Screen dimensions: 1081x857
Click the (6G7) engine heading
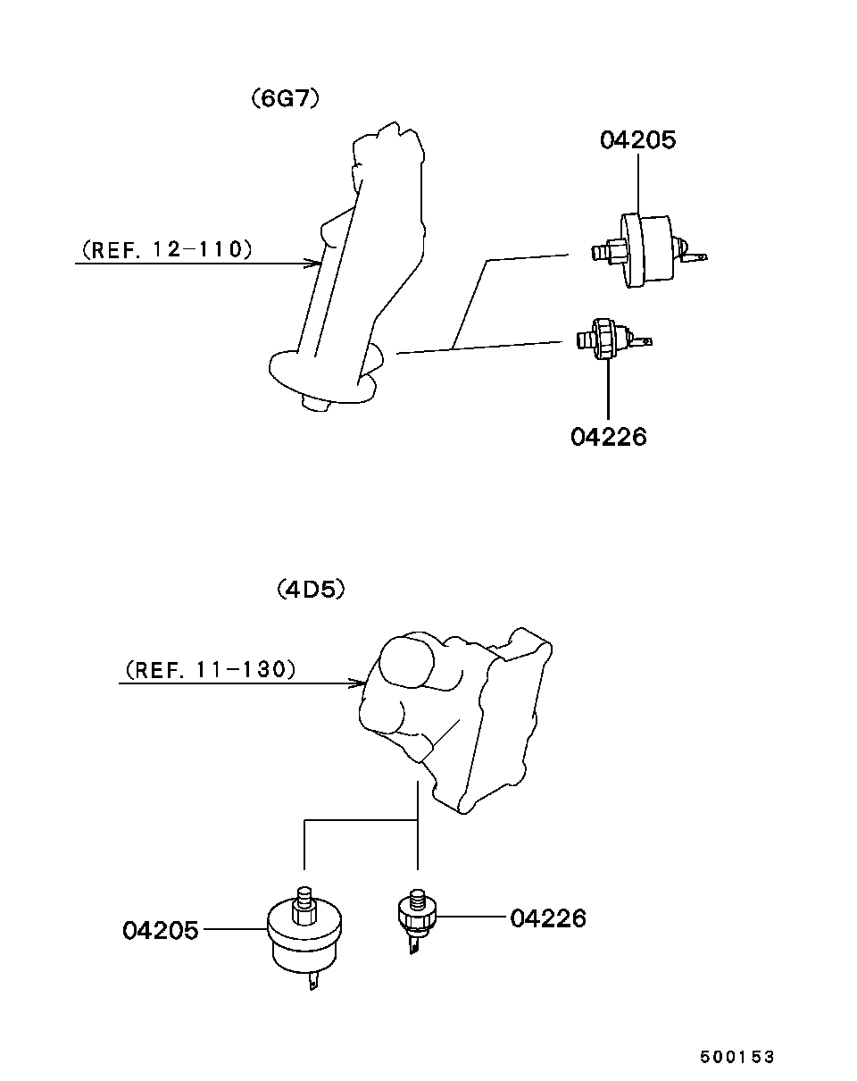[x=285, y=98]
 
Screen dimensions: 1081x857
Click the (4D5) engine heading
[x=310, y=590]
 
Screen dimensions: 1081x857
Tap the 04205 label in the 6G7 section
[x=637, y=140]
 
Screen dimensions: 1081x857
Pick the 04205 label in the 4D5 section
[x=162, y=930]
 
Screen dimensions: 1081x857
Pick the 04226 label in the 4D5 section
[x=548, y=918]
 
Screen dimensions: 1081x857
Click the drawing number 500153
[x=736, y=1057]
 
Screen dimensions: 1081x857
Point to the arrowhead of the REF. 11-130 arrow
[x=360, y=684]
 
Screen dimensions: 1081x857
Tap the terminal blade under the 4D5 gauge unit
[x=312, y=982]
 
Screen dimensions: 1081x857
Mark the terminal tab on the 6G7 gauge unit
[x=696, y=257]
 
